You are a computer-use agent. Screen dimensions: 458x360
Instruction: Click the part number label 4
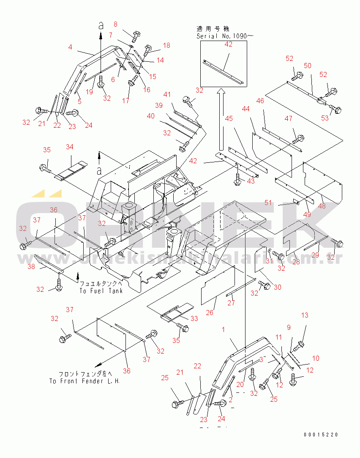tap(71, 47)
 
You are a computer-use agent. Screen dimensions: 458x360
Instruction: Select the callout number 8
tap(116, 24)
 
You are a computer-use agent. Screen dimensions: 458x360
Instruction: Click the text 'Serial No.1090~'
tap(224, 36)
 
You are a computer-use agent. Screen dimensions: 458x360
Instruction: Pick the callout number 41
tap(168, 94)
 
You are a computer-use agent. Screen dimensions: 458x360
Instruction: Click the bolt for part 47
tap(298, 137)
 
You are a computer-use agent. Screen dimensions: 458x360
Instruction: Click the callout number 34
tap(69, 147)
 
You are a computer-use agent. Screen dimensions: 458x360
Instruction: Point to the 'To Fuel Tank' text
tap(101, 291)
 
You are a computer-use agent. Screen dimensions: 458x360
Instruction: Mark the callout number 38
tap(31, 266)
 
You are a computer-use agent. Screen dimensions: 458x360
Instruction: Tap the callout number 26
tap(210, 313)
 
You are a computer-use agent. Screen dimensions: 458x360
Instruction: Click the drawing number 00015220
tap(320, 435)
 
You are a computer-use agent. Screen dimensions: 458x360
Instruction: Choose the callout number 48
tap(322, 207)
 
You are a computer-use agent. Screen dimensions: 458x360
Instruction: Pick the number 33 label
tap(194, 318)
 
